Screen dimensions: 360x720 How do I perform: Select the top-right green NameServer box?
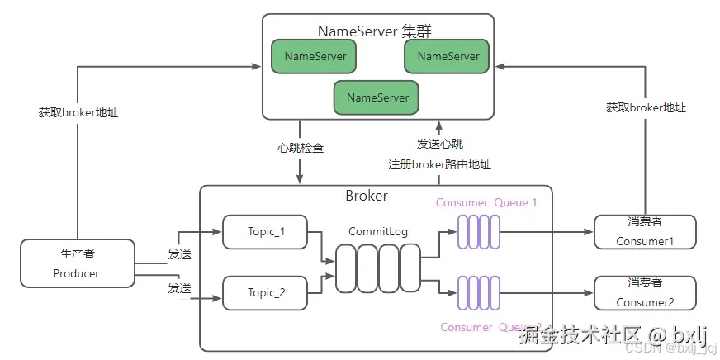pyautogui.click(x=448, y=56)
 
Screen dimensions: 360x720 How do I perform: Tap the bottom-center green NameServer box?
pyautogui.click(x=377, y=97)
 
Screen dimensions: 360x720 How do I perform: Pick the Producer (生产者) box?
pyautogui.click(x=77, y=263)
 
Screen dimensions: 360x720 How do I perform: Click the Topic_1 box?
pyautogui.click(x=265, y=232)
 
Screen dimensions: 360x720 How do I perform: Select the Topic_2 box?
pyautogui.click(x=265, y=292)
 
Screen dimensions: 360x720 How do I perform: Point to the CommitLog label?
pyautogui.click(x=378, y=232)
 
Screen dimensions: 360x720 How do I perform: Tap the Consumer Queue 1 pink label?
pyautogui.click(x=486, y=202)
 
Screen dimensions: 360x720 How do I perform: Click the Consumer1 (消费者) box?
pyautogui.click(x=645, y=232)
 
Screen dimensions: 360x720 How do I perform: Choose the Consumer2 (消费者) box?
pyautogui.click(x=645, y=293)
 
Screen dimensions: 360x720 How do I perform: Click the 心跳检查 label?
pyautogui.click(x=301, y=149)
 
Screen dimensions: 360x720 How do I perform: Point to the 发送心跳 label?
pyautogui.click(x=439, y=144)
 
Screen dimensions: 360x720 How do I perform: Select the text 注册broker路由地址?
pyautogui.click(x=439, y=164)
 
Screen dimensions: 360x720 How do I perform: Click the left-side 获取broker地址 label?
pyautogui.click(x=78, y=112)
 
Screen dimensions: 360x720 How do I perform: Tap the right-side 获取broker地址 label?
pyautogui.click(x=646, y=107)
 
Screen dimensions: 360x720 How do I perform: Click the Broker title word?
pyautogui.click(x=366, y=197)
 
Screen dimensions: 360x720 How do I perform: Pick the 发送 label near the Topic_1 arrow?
pyautogui.click(x=179, y=254)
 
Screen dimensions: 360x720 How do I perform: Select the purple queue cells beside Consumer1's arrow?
pyautogui.click(x=480, y=233)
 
